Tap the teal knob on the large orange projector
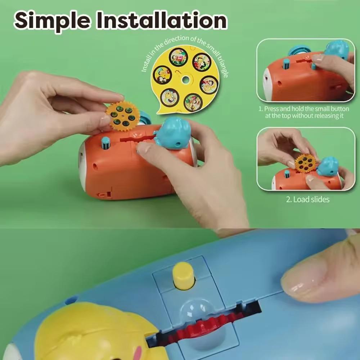[x=105, y=144]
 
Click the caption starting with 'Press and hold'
[x=304, y=112]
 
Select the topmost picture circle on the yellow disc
[x=179, y=57]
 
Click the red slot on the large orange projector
[x=138, y=138]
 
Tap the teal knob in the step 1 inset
[x=286, y=64]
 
